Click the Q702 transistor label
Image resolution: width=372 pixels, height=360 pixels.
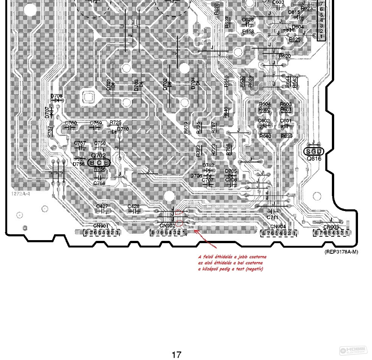98,155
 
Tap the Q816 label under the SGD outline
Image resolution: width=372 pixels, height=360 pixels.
314,159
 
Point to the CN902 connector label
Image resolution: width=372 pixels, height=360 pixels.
167,226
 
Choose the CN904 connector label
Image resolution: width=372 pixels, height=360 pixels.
278,227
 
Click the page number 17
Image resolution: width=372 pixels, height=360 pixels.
176,355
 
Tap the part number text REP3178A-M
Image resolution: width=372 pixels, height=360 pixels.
341,252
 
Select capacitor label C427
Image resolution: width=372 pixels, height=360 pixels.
102,206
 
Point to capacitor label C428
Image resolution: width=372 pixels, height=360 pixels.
134,206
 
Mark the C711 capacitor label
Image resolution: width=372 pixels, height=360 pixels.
272,217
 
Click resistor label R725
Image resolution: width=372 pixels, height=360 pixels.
115,123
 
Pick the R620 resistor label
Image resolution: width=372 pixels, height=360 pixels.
285,56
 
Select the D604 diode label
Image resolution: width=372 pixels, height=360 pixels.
298,27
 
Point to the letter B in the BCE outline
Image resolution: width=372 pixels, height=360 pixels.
92,163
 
